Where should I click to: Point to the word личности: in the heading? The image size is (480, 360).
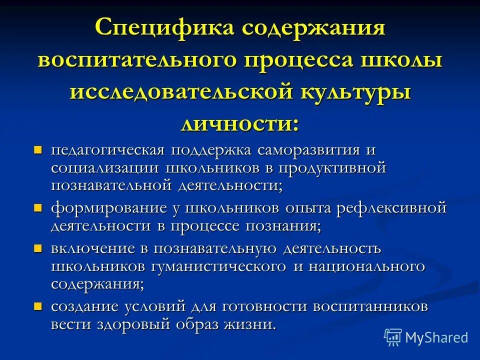240,122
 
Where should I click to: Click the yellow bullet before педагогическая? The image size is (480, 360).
37,150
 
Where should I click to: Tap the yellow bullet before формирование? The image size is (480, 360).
37,207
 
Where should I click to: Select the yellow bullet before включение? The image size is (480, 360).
37,248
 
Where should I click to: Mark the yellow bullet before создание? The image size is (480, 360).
37,305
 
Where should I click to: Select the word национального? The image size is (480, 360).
366,266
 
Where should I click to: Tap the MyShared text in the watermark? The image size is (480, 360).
436,337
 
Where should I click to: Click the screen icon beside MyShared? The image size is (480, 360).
393,337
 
